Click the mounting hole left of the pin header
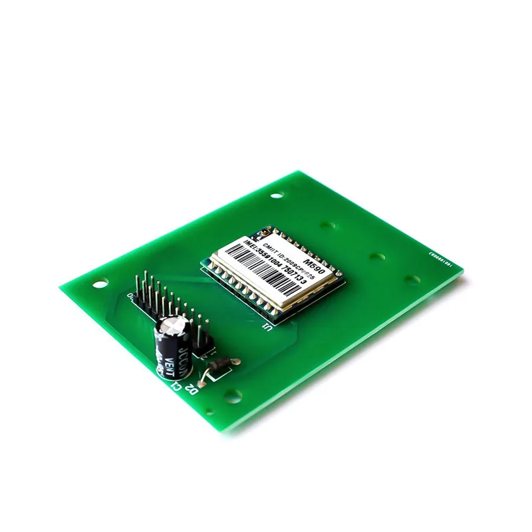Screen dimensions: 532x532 tap(100, 282)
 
